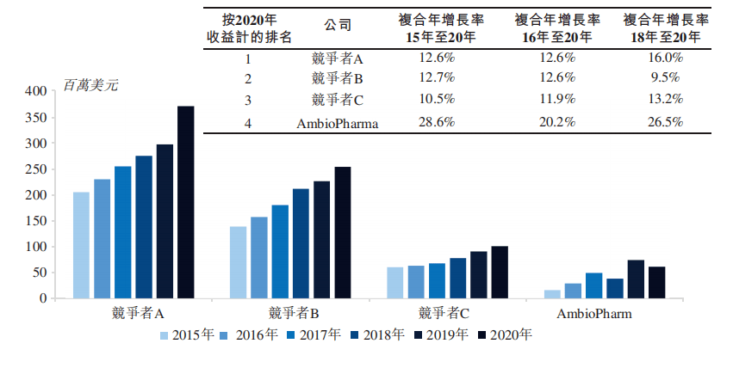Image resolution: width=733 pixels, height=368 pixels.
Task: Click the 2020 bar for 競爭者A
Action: (186, 202)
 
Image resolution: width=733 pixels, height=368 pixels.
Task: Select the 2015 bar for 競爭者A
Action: (81, 245)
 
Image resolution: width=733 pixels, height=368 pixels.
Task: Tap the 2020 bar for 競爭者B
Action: (343, 233)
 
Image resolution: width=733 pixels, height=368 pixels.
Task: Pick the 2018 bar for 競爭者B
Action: (301, 243)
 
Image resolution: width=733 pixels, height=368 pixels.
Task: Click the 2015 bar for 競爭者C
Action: (394, 283)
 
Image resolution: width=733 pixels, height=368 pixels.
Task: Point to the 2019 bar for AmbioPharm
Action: (636, 279)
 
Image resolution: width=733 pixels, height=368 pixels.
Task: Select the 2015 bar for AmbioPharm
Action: (552, 294)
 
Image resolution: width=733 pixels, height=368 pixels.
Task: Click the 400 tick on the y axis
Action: (34, 91)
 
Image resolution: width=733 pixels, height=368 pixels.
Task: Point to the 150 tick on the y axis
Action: (34, 221)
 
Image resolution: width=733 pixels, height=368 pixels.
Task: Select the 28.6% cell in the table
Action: (435, 122)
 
